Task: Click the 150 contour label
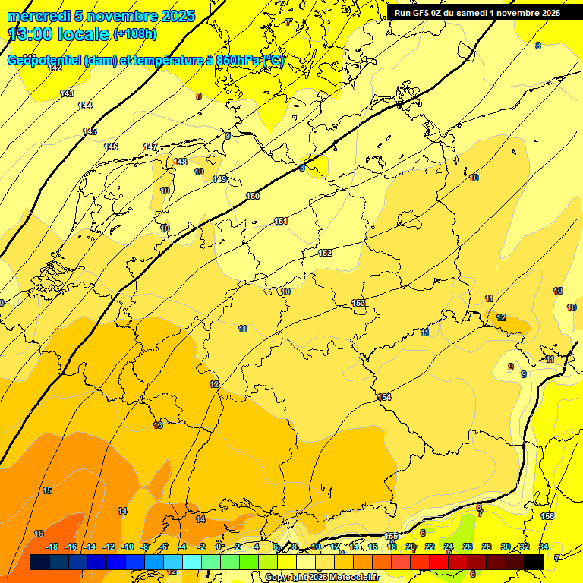253,197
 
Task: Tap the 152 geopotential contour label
326,253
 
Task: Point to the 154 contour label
384,397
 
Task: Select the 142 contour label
55,68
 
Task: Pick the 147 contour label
150,147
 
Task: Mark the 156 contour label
547,516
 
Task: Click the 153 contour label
358,303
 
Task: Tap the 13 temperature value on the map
158,425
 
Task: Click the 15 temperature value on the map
47,491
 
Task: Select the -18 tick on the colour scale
52,547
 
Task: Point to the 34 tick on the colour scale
544,547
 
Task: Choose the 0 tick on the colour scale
219,547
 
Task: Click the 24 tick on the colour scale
449,547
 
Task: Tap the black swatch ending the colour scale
534,562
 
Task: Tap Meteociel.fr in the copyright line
355,578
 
